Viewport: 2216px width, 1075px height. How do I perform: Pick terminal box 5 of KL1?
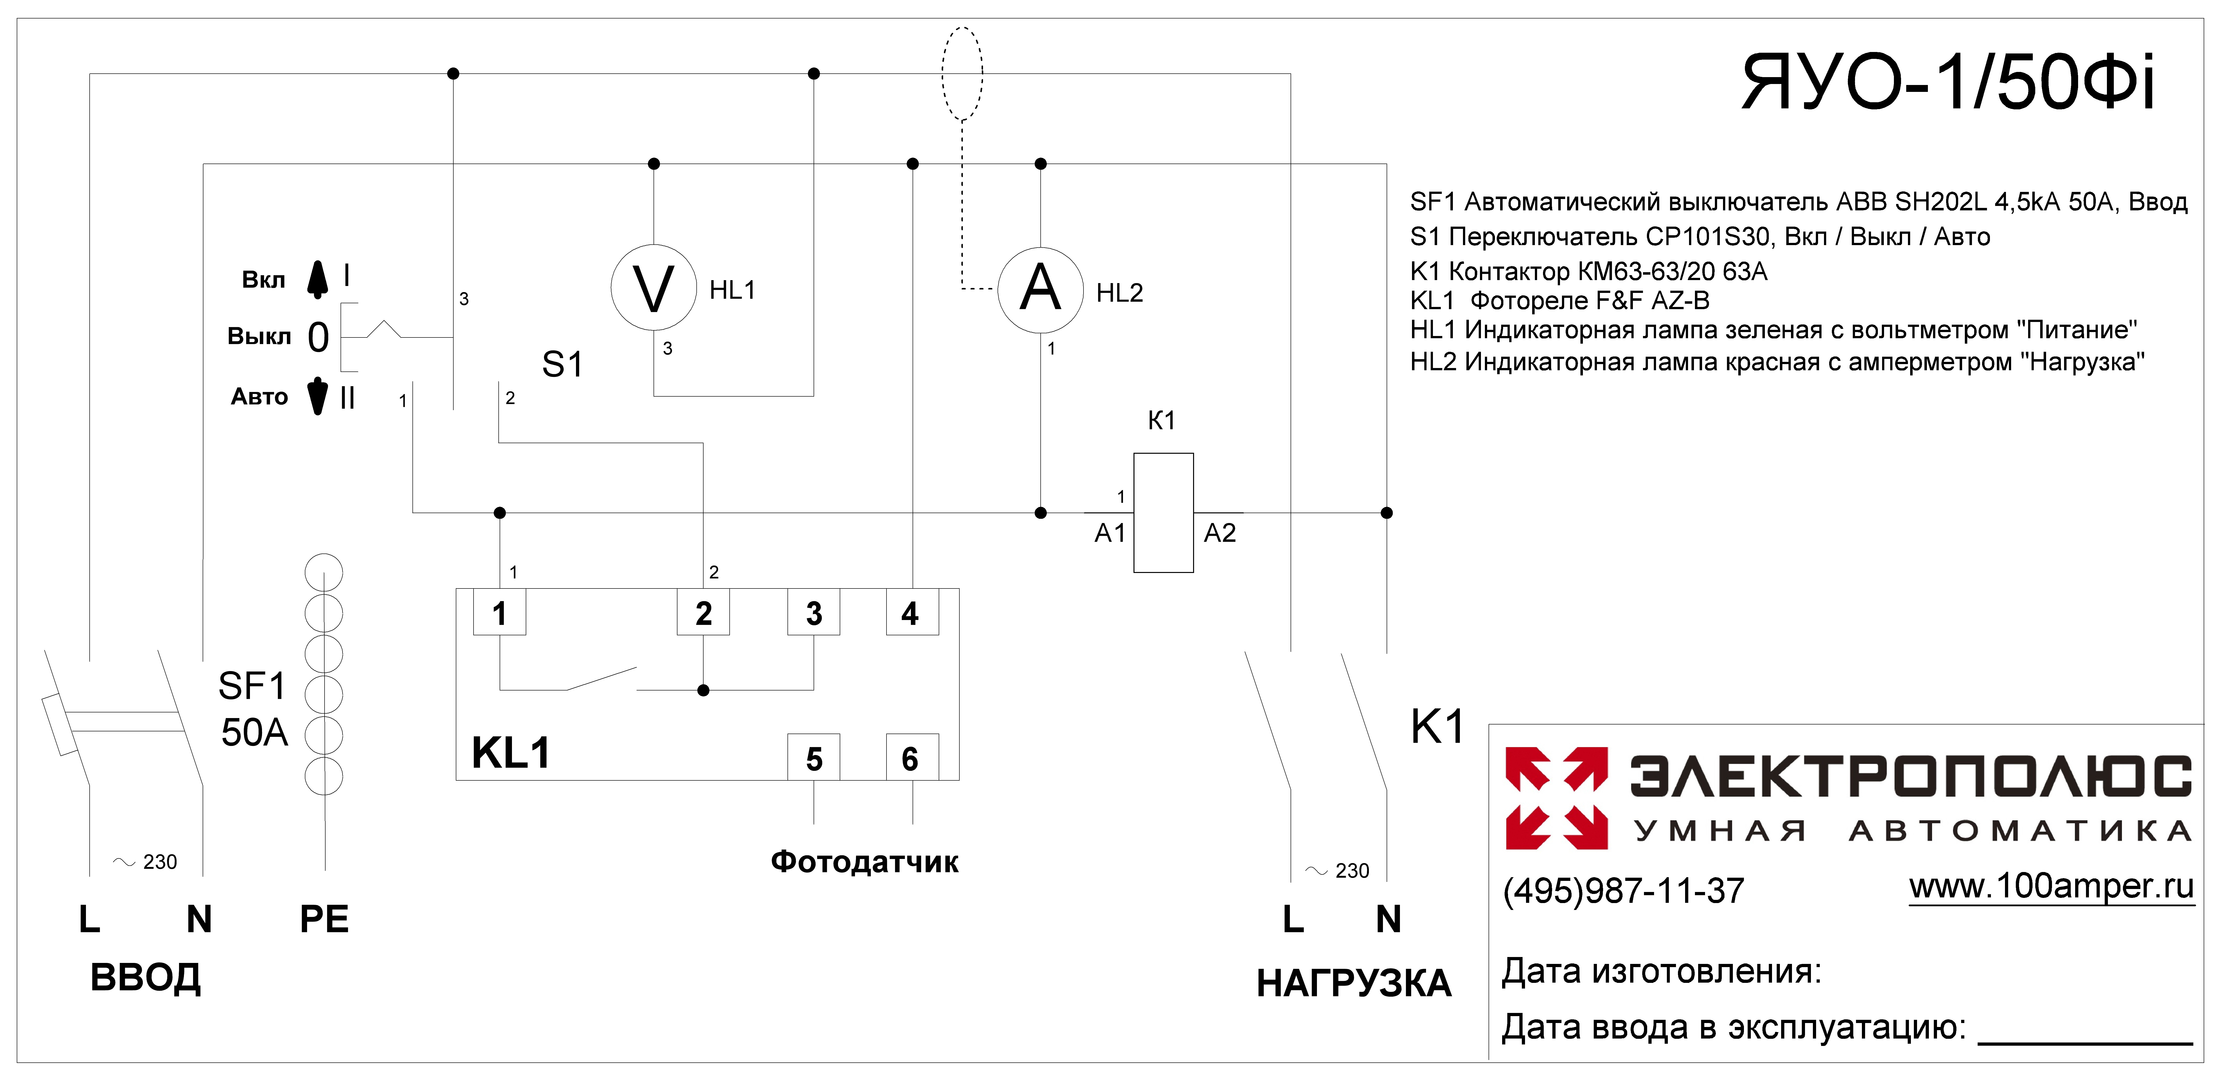pos(814,757)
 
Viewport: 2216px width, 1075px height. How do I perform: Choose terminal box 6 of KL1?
pos(912,757)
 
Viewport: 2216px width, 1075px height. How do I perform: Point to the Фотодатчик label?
pos(865,861)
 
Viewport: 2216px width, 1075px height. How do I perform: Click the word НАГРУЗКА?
pos(1354,983)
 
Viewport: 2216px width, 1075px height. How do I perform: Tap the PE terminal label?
pos(324,919)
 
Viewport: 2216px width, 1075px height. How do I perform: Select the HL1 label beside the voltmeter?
pos(732,290)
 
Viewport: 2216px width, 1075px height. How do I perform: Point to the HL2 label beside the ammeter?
pos(1119,293)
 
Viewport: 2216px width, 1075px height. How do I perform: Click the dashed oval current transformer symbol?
pos(963,74)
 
